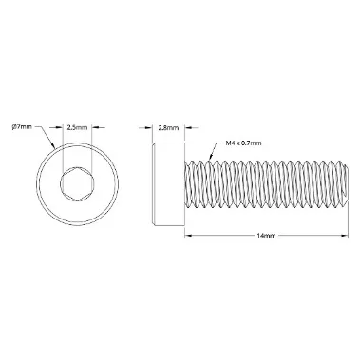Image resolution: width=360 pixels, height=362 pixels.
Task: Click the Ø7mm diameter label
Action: tap(22, 127)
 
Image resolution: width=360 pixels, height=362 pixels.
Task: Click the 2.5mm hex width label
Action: tap(77, 127)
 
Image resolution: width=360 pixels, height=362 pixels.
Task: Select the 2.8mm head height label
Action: tap(168, 128)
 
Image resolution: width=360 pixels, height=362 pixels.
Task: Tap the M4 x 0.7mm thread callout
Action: tap(243, 143)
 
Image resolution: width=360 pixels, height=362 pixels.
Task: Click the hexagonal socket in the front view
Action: tap(77, 184)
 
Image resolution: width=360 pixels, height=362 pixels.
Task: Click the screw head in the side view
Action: tap(168, 184)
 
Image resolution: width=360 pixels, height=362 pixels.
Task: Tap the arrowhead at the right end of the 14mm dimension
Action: tap(344, 236)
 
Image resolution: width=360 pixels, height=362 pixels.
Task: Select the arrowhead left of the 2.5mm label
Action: tap(59, 127)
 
